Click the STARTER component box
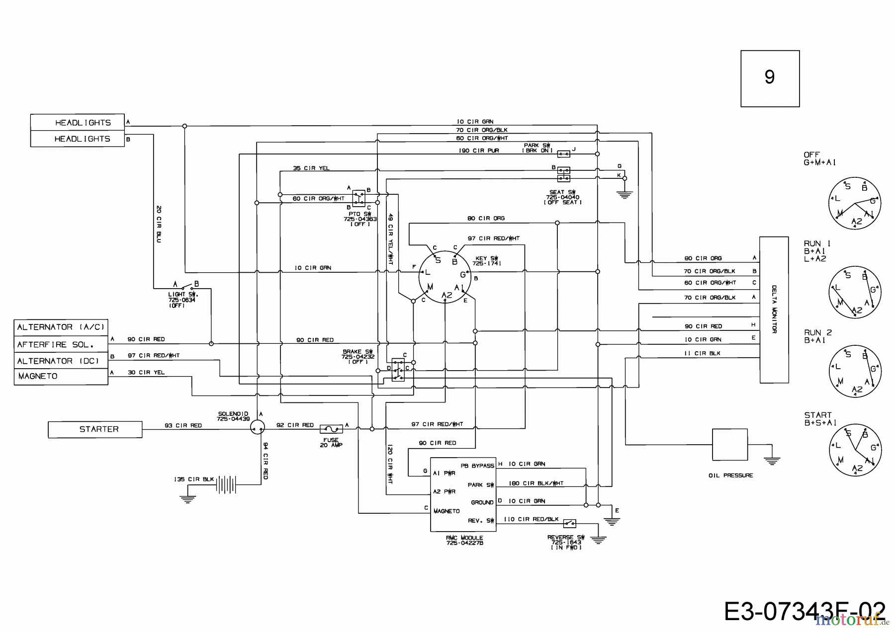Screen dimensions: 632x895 [x=95, y=429]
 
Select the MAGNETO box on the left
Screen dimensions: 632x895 [x=61, y=376]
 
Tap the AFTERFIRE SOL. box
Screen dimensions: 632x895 [x=61, y=344]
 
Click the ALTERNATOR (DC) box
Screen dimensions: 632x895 [x=61, y=361]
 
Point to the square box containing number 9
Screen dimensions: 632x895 [x=770, y=78]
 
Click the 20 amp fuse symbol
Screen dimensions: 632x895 [x=330, y=428]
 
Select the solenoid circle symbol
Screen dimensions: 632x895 [x=257, y=426]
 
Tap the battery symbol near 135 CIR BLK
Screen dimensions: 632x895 [x=225, y=483]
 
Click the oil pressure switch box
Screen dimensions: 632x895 [x=729, y=445]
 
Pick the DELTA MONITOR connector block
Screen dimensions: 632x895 [x=774, y=310]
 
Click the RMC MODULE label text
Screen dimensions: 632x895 [x=464, y=538]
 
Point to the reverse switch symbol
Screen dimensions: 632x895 [x=569, y=523]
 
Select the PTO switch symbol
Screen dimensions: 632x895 [x=358, y=198]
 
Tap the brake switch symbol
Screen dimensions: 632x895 [x=398, y=370]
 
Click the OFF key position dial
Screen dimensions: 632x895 [x=854, y=203]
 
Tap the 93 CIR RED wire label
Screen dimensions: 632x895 [x=183, y=425]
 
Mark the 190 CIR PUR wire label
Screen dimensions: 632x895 [x=479, y=151]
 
